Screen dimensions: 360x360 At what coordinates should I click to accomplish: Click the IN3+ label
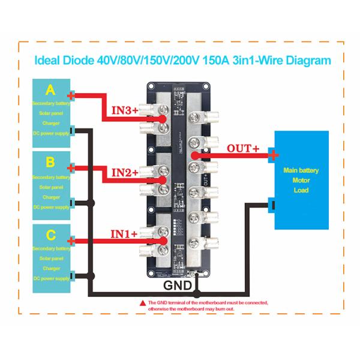click(125, 110)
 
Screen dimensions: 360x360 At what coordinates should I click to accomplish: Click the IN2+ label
click(125, 172)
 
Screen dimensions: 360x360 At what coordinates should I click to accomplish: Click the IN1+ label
click(125, 233)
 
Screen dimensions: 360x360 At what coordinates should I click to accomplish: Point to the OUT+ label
click(243, 148)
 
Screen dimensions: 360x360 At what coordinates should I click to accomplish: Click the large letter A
click(51, 91)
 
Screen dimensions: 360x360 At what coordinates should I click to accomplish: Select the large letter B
click(51, 162)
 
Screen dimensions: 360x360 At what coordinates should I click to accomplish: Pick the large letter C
click(51, 234)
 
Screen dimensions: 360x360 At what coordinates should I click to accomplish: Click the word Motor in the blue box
click(301, 180)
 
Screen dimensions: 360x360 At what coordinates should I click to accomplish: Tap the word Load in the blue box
click(301, 190)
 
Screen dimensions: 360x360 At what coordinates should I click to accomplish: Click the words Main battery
click(301, 170)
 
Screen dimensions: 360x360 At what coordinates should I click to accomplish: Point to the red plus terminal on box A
click(71, 95)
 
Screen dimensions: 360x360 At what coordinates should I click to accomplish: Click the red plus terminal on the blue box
click(274, 156)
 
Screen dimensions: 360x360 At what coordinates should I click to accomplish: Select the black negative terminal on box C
click(71, 276)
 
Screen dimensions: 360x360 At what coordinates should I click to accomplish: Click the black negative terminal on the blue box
click(273, 206)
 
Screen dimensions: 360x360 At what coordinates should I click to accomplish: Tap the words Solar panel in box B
click(51, 187)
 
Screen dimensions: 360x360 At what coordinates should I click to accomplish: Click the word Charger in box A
click(51, 124)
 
